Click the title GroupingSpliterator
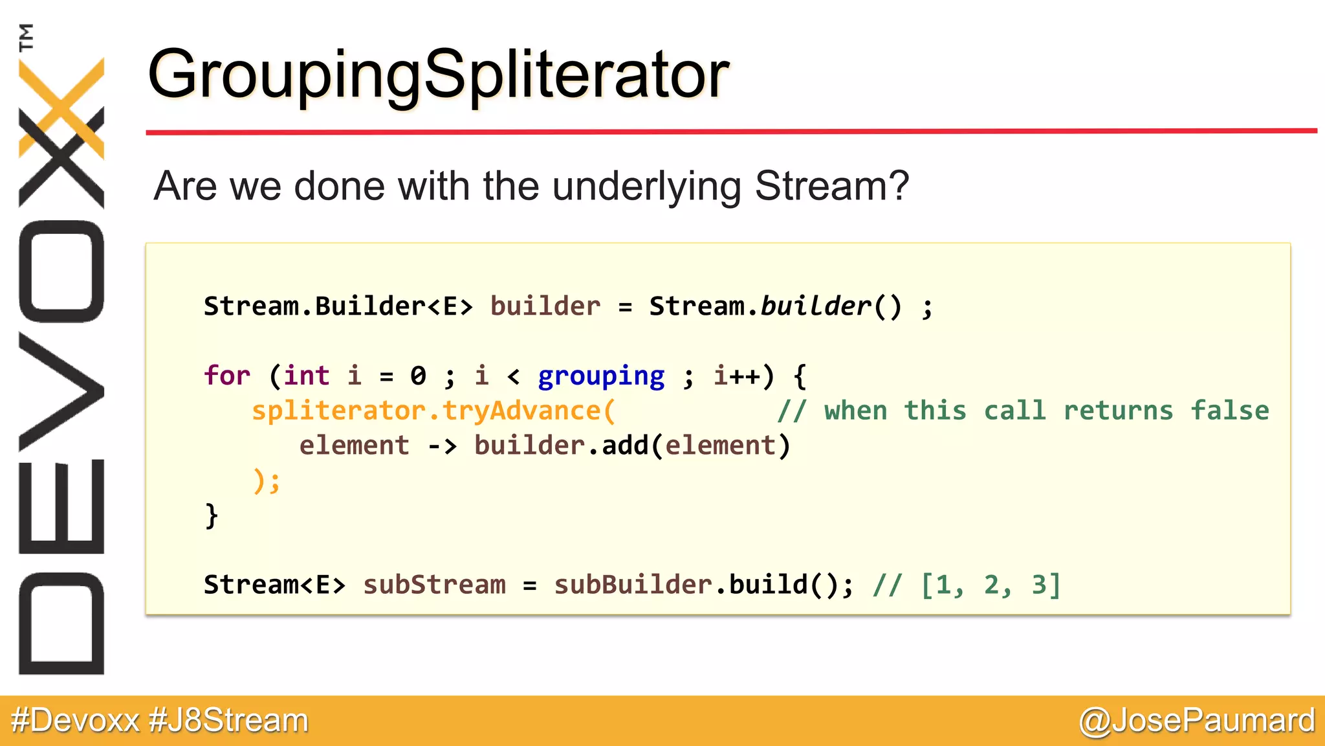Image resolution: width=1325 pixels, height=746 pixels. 439,75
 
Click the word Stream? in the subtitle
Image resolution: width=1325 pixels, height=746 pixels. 831,186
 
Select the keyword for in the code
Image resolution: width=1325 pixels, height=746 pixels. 226,376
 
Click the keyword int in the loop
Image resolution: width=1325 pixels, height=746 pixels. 306,376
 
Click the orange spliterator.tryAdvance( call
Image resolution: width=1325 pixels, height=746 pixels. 433,411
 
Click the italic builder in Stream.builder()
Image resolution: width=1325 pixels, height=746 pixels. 815,306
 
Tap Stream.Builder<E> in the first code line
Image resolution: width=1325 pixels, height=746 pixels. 338,306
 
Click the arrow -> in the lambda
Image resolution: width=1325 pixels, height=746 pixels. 442,446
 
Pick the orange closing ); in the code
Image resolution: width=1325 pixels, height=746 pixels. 266,481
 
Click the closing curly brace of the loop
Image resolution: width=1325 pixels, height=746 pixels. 211,516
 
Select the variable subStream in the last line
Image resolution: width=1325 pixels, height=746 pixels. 434,585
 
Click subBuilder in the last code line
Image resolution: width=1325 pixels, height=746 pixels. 633,585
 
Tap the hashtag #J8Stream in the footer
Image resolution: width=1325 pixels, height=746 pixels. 228,721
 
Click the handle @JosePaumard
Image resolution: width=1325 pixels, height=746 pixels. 1197,721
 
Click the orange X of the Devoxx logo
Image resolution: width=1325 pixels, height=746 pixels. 61,107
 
